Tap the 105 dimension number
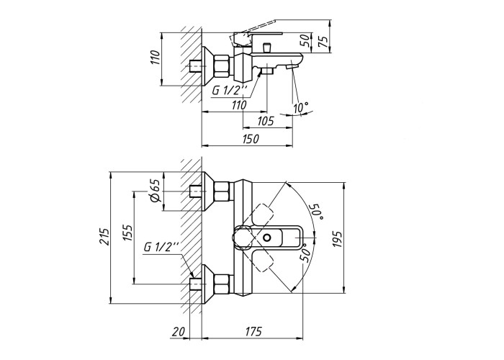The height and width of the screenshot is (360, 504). pyautogui.click(x=266, y=121)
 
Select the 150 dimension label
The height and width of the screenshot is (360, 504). pyautogui.click(x=250, y=139)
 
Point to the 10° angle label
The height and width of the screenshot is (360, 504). pyautogui.click(x=300, y=108)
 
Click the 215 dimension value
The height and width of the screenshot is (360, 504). pyautogui.click(x=104, y=237)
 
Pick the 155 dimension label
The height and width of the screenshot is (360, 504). pyautogui.click(x=127, y=233)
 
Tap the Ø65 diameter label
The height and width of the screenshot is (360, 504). pyautogui.click(x=155, y=191)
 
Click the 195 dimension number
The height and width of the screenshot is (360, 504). pyautogui.click(x=338, y=238)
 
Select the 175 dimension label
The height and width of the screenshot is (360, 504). pyautogui.click(x=253, y=331)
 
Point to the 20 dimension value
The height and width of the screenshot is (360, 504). pyautogui.click(x=179, y=331)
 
